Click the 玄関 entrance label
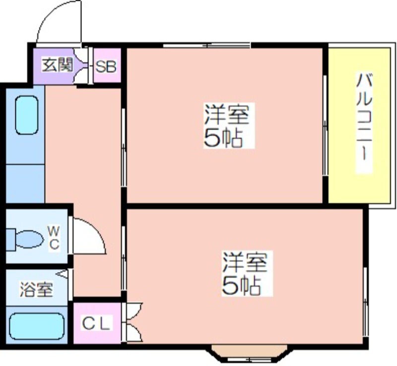pos(58,65)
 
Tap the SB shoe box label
pos(106,67)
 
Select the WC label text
pos(54,238)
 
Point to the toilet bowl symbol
pos(24,239)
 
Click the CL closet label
pos(97,323)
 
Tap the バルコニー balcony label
pos(364,123)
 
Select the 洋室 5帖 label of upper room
pos(227,126)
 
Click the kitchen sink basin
pos(27,115)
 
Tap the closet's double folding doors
pos(132,322)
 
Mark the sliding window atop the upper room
pos(206,46)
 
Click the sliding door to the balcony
pos(325,125)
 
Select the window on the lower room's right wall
pos(365,302)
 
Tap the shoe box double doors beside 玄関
pos(81,65)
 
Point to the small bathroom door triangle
pos(62,274)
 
